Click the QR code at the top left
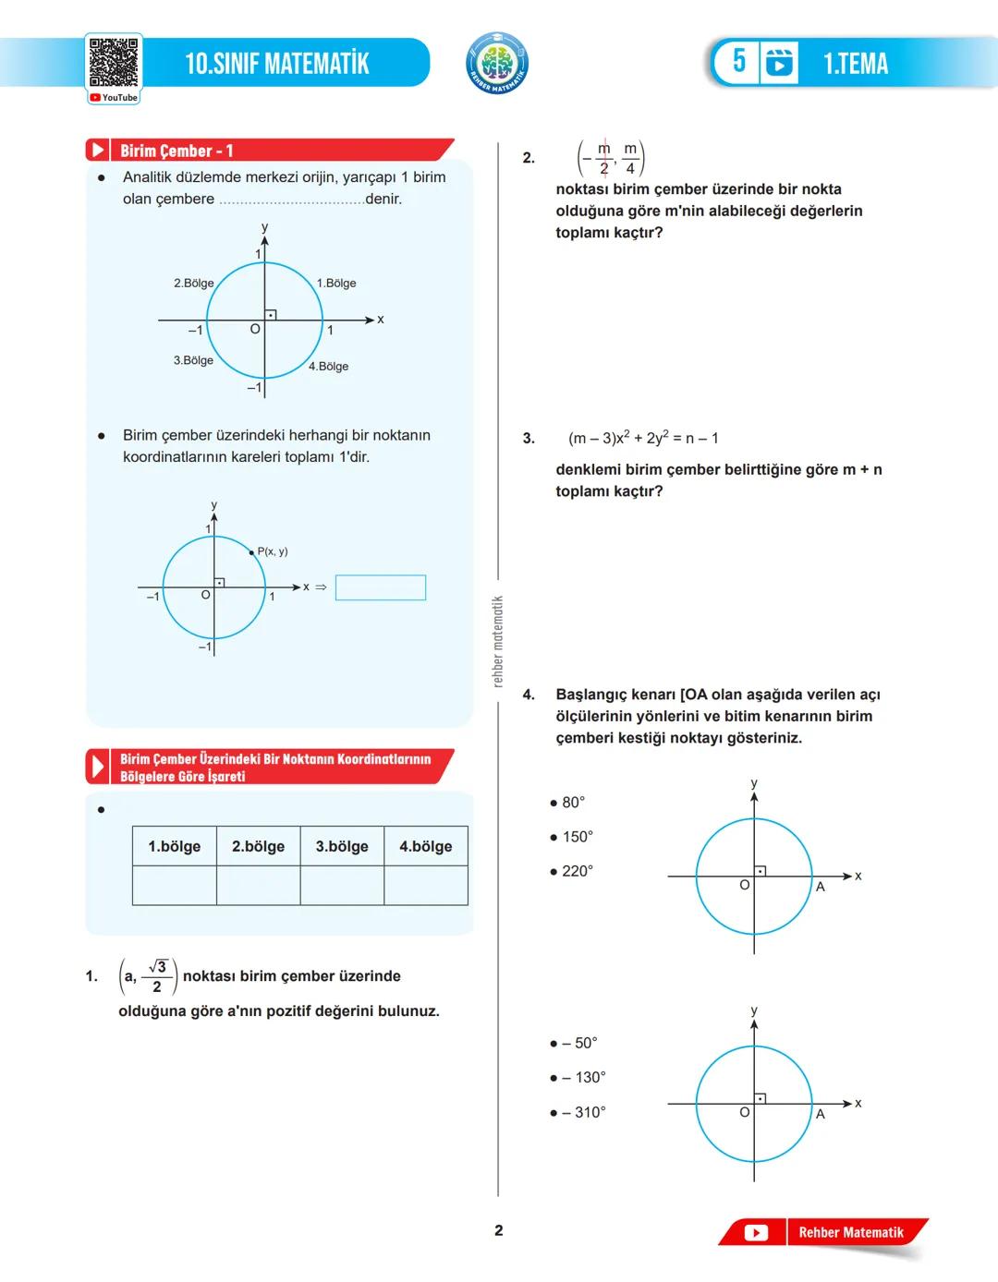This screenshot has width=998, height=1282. click(114, 63)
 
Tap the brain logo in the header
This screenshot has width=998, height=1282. click(497, 64)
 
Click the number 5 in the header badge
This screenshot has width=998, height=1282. click(739, 62)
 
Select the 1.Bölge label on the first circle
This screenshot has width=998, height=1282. click(336, 284)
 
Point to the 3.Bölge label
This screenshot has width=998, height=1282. click(193, 360)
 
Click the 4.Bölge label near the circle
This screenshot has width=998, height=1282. click(329, 367)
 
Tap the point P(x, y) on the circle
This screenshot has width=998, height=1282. click(252, 552)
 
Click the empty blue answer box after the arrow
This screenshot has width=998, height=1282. click(381, 587)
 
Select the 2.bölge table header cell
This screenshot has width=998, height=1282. click(258, 846)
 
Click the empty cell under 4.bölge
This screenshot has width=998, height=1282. click(425, 886)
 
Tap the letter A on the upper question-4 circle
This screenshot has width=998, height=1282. click(820, 887)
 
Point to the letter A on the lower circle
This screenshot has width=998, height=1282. click(820, 1114)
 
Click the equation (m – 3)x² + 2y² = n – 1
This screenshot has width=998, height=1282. click(643, 438)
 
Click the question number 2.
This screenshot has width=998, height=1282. click(529, 158)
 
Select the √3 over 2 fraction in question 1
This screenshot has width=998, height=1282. click(157, 976)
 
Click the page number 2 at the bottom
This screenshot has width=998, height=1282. click(499, 1230)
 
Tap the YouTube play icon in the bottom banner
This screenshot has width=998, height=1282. click(756, 1232)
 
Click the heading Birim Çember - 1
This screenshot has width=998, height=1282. click(176, 151)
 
